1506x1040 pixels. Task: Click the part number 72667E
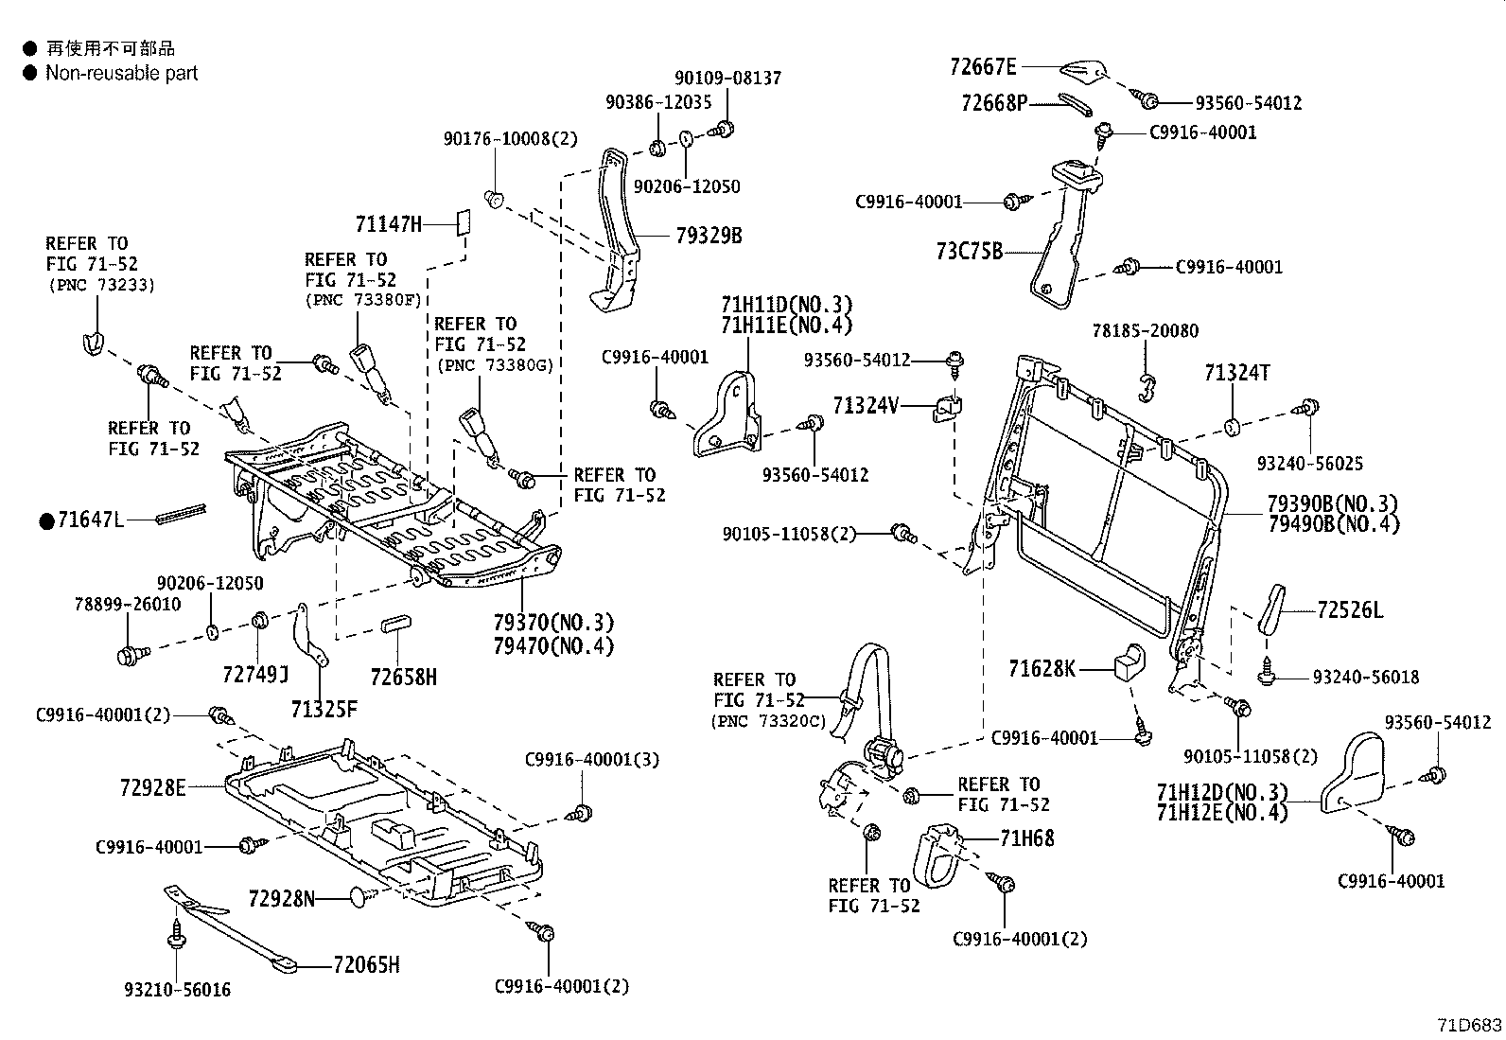(x=982, y=66)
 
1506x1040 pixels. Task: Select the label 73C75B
(x=970, y=253)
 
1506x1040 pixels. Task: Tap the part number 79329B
(x=709, y=236)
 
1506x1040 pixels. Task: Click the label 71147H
(x=389, y=224)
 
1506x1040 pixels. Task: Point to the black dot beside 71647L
(x=45, y=520)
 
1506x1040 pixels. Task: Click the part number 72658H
(x=404, y=677)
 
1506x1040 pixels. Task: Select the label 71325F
(x=324, y=709)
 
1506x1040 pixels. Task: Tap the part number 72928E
(x=153, y=786)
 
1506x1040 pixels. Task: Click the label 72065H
(x=366, y=965)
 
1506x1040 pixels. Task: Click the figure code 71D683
(x=1469, y=1026)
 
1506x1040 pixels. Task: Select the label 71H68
(x=1026, y=837)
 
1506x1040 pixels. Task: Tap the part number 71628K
(x=1042, y=669)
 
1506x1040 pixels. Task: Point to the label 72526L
(x=1350, y=611)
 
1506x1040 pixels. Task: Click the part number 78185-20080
(x=1145, y=331)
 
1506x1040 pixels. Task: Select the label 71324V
(x=866, y=406)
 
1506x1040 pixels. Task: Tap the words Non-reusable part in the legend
(x=121, y=73)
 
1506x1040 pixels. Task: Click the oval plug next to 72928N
(x=360, y=897)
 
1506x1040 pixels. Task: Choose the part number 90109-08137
(x=728, y=79)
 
